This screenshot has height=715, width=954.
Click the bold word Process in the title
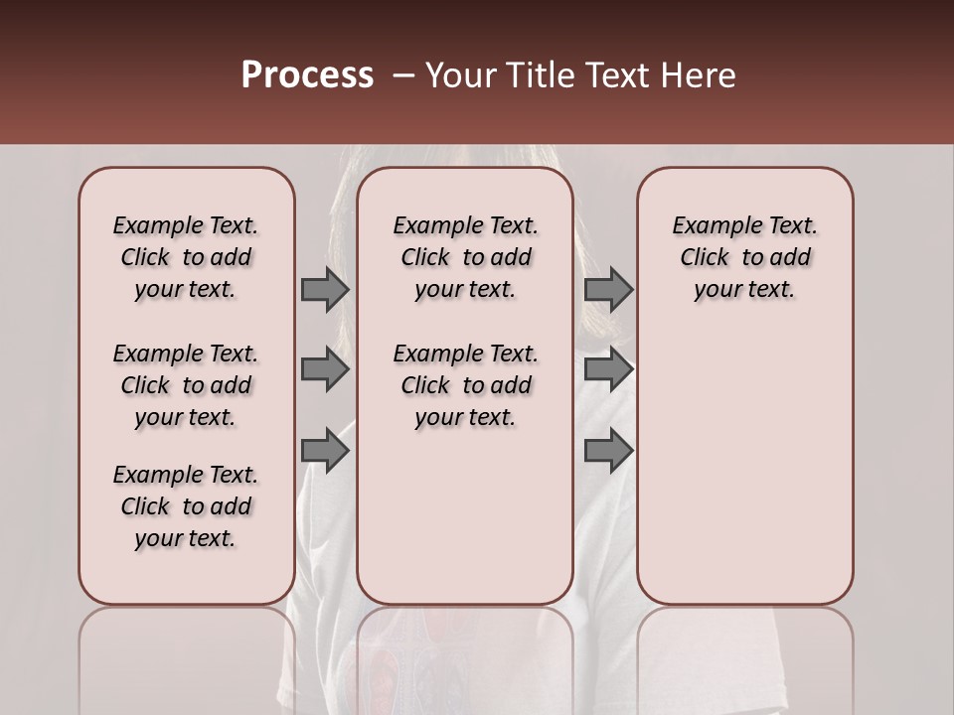[x=307, y=75]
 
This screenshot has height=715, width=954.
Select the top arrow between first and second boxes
[x=325, y=289]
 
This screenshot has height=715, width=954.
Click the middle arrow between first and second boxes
[x=325, y=369]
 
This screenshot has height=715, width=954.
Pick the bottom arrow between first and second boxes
[x=325, y=451]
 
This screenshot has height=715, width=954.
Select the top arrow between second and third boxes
[x=608, y=289]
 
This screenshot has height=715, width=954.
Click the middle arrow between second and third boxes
[x=608, y=369]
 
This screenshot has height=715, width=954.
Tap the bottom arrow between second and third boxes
[x=608, y=451]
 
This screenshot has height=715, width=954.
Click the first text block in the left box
[x=186, y=257]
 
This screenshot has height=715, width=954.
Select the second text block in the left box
[x=186, y=385]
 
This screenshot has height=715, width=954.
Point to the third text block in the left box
[x=186, y=506]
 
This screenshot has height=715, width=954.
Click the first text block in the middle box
[x=466, y=257]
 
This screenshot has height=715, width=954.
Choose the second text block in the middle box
[x=466, y=385]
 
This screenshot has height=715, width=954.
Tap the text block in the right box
[x=745, y=257]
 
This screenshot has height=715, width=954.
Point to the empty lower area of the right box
[x=745, y=467]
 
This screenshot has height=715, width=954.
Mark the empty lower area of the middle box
[x=466, y=516]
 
